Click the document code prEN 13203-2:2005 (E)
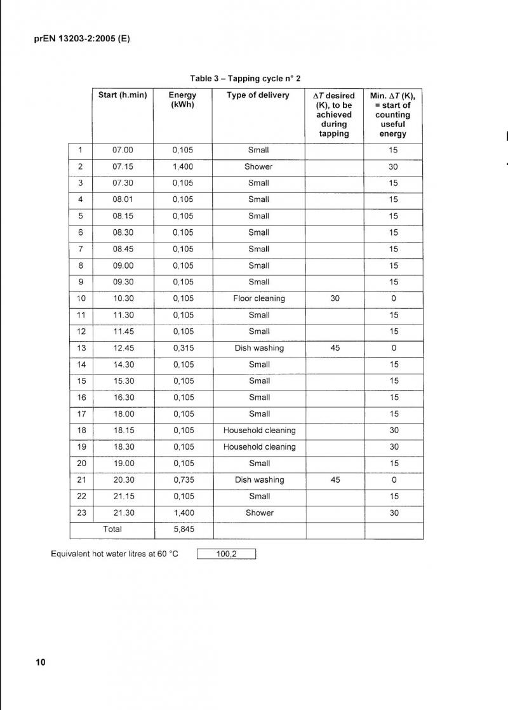pos(81,39)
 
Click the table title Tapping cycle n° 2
pos(244,78)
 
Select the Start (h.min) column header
pos(123,95)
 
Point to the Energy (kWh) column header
pos(183,100)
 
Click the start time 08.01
pos(123,199)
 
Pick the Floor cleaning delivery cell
pos(259,298)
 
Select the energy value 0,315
pos(183,348)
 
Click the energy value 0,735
pos(183,480)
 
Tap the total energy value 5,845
pos(183,529)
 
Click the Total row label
pos(112,529)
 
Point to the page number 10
pos(41,662)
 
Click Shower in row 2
pos(258,166)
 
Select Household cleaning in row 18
pos(259,431)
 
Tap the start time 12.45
pos(123,348)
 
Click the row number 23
pos(81,513)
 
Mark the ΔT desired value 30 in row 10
pos(335,298)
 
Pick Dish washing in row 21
pos(259,480)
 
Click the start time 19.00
pos(123,464)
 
